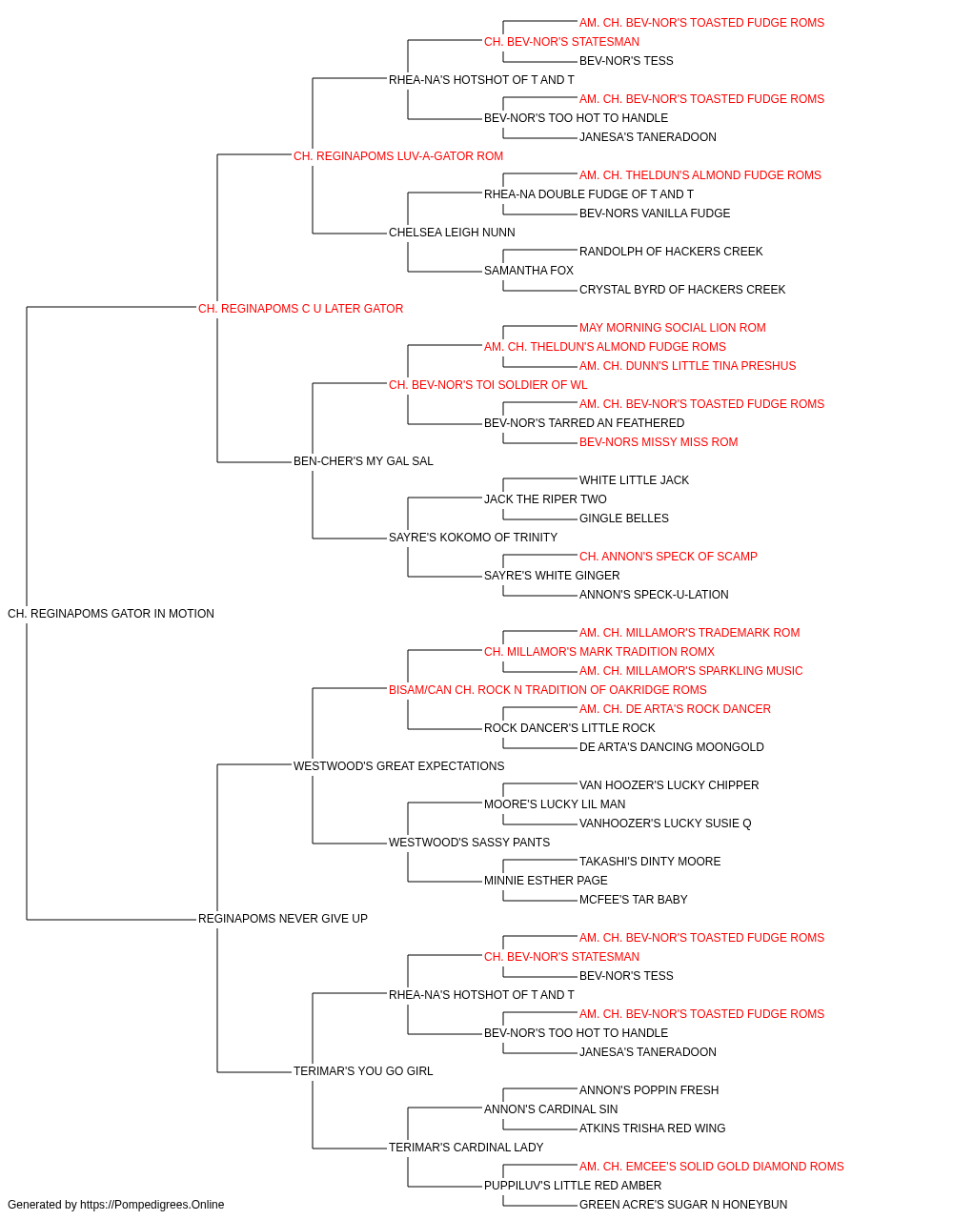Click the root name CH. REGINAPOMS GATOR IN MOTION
pos(111,614)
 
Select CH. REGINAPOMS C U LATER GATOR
pos(300,309)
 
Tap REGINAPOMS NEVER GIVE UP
pos(282,919)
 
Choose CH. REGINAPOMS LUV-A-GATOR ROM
pos(398,156)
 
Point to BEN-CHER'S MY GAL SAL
pos(363,461)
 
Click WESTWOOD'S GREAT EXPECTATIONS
pos(398,766)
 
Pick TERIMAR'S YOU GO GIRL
pos(363,1071)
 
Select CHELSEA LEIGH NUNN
pos(452,233)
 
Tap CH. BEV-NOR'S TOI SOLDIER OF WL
pos(488,385)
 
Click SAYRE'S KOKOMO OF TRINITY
pos(473,538)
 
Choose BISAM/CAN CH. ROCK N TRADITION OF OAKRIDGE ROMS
pos(547,690)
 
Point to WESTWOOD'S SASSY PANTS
pos(469,843)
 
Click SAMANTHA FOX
pos(529,271)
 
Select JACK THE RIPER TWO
pos(545,499)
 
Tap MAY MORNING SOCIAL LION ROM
pos(673,328)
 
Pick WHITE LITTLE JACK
pos(634,480)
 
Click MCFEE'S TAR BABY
pos(633,900)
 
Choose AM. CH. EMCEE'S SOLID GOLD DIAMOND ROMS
pos(711,1167)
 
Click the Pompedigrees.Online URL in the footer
pos(152,1205)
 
